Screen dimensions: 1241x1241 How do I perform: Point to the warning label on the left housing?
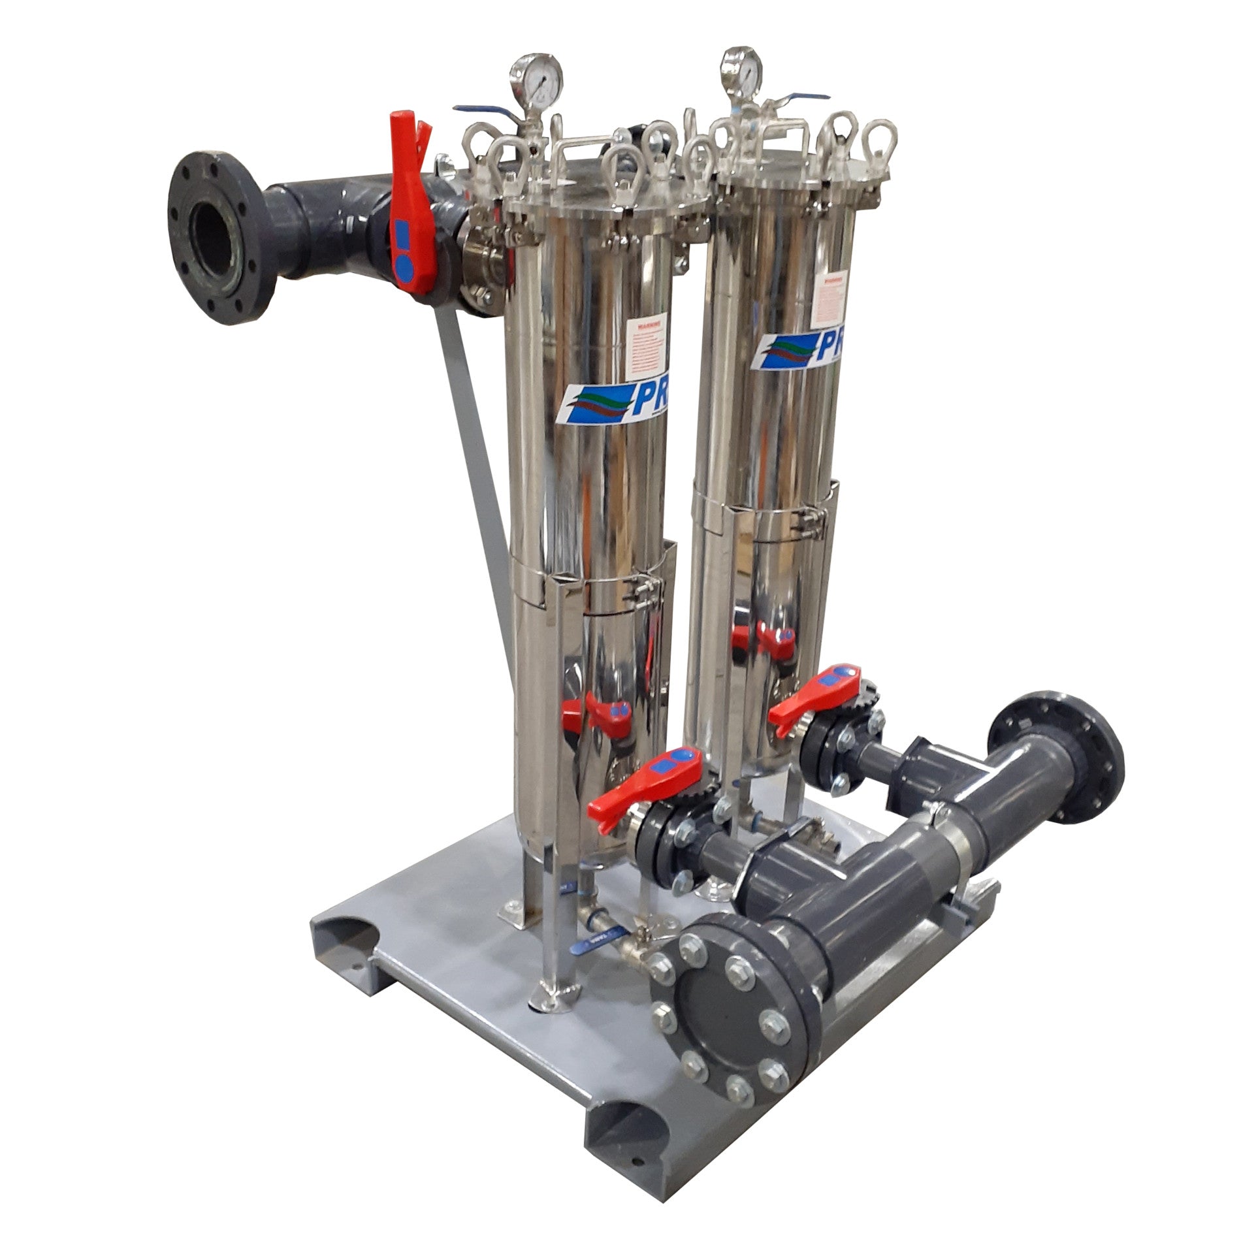(649, 349)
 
